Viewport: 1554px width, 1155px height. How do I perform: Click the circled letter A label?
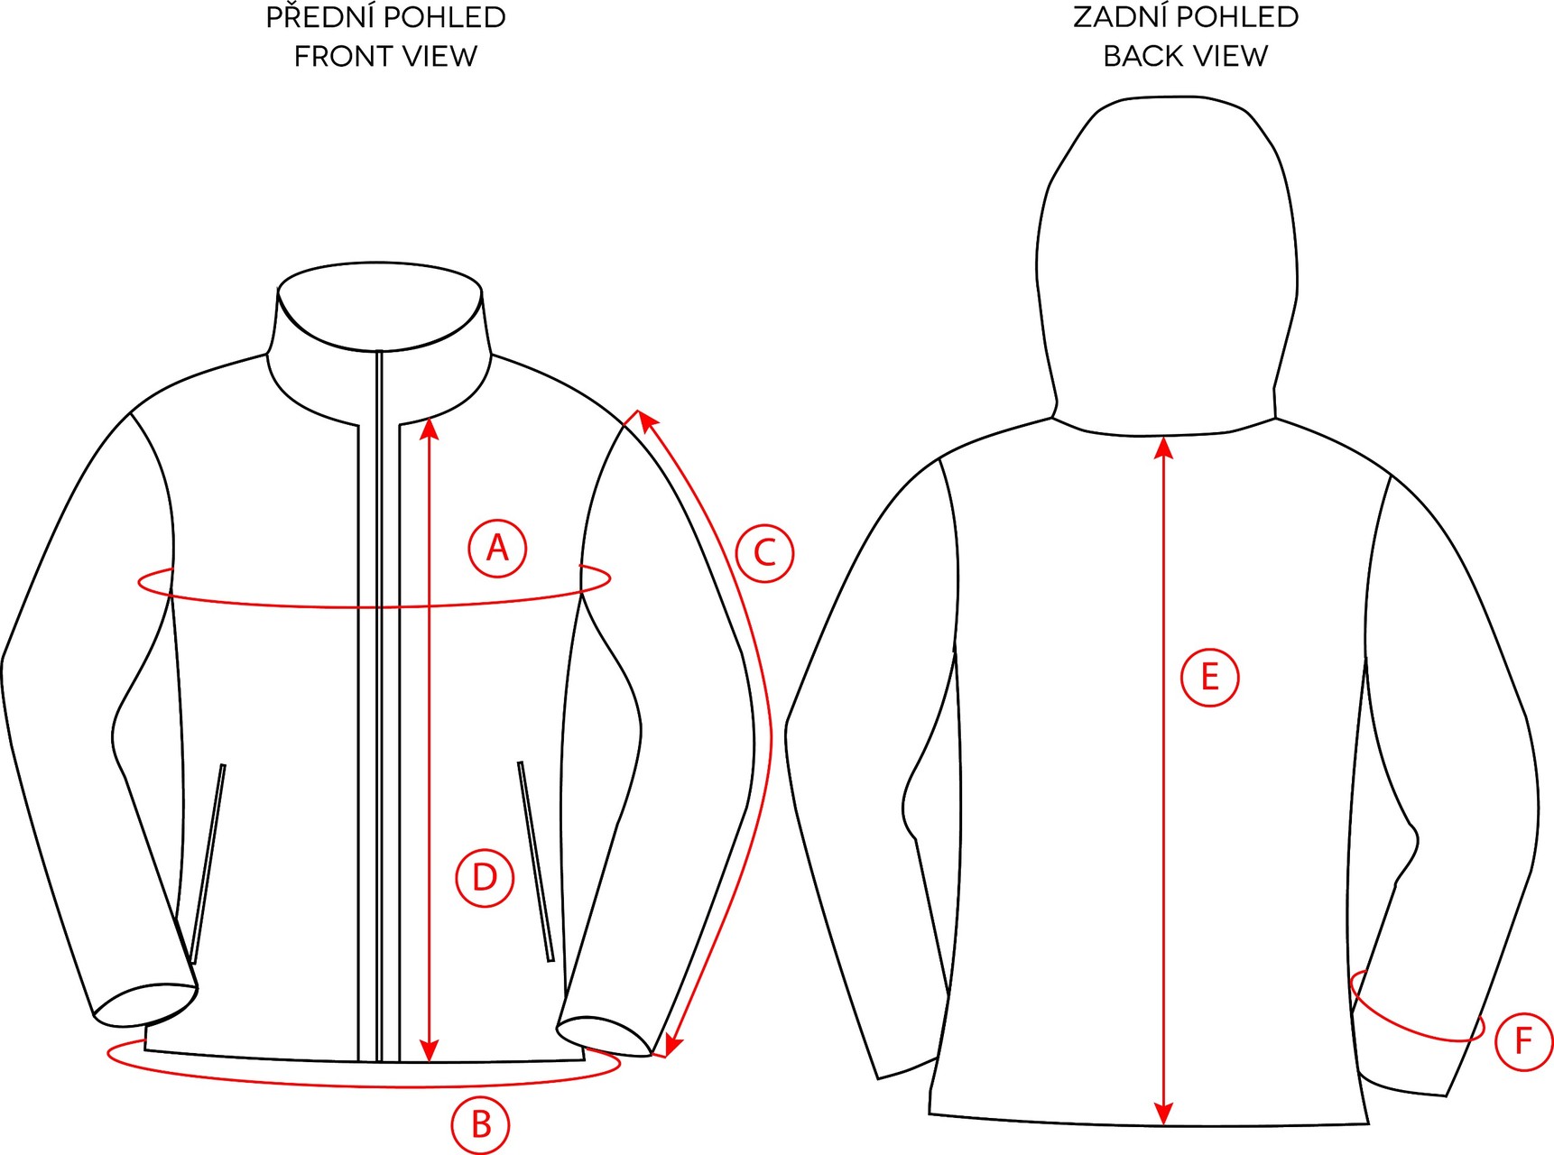[x=497, y=548]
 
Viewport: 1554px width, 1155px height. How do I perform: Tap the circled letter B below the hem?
[x=481, y=1124]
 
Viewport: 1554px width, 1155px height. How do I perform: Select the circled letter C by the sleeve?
[x=764, y=552]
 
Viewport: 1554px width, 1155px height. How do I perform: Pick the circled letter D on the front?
[x=485, y=877]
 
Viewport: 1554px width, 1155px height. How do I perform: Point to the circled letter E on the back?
[x=1209, y=677]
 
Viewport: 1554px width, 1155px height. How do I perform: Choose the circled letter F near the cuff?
[x=1523, y=1041]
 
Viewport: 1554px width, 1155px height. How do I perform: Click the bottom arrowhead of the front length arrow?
[x=430, y=1051]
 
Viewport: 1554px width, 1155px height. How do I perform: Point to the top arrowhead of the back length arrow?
[x=1164, y=447]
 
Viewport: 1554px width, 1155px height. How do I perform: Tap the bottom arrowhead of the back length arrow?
[x=1164, y=1115]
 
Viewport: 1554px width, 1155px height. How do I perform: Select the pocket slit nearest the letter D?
[x=535, y=862]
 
